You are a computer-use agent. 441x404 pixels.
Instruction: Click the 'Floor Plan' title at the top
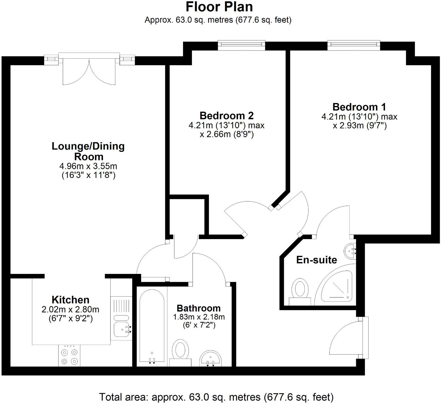tap(219, 7)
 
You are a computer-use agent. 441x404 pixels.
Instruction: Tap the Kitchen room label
tap(70, 300)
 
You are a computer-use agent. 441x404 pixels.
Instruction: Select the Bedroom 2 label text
tap(226, 116)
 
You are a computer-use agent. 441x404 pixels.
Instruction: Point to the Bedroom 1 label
tap(359, 107)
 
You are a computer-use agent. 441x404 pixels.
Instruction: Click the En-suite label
tap(316, 260)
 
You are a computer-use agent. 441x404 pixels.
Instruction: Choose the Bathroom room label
tap(198, 308)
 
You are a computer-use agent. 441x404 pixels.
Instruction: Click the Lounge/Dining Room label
tap(88, 151)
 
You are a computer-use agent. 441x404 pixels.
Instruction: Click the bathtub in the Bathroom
tap(152, 326)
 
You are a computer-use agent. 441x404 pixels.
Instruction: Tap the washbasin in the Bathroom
tap(211, 358)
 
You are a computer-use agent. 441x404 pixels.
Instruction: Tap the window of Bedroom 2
tap(241, 45)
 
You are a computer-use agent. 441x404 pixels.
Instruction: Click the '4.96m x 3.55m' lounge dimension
tap(88, 166)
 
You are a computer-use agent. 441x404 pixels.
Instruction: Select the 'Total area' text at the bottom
tap(216, 397)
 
